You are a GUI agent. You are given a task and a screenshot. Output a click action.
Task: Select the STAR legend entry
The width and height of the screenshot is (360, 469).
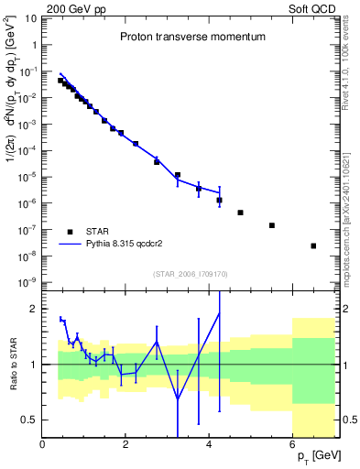point(100,231)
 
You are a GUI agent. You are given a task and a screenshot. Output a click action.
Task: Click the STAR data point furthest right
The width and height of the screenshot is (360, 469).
point(313,245)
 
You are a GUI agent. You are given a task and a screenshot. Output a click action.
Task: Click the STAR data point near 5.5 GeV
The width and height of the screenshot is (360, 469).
point(271,225)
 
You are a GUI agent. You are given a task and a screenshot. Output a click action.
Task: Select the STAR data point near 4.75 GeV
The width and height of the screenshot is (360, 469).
point(240,213)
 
